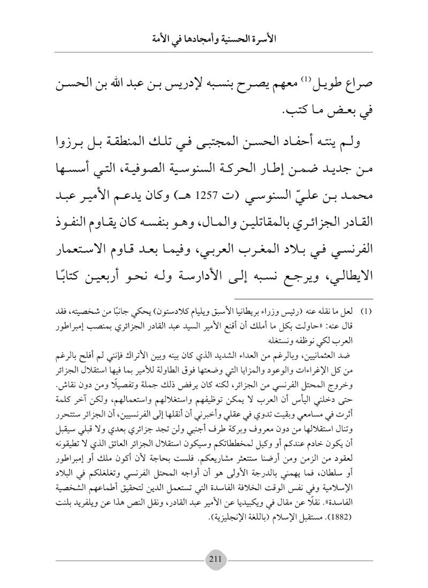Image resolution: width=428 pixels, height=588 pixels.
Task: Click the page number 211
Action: point(214,556)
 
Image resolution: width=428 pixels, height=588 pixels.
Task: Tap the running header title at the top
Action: point(214,39)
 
